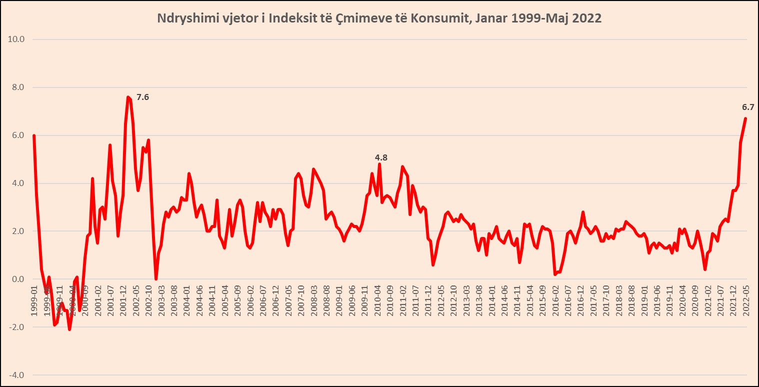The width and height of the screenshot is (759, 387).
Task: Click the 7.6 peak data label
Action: (142, 97)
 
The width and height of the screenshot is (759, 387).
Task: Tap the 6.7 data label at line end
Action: (747, 107)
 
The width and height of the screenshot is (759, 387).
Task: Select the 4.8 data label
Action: (381, 157)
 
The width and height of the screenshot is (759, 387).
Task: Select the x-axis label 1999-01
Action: (34, 299)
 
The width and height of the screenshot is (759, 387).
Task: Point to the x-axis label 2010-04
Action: (378, 299)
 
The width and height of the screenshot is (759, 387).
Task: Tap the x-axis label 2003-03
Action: (161, 299)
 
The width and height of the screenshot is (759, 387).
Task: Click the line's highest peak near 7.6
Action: (128, 97)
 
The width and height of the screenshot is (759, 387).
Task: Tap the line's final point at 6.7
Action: (745, 118)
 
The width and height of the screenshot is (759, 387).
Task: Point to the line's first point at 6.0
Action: (33, 135)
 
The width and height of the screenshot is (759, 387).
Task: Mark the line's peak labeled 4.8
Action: (379, 164)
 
